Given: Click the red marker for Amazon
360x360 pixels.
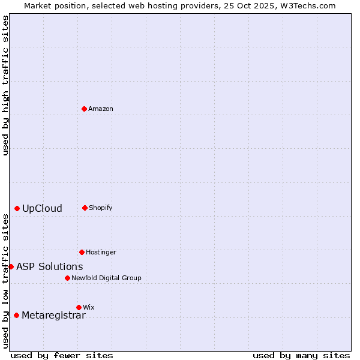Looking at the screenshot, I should (84, 109).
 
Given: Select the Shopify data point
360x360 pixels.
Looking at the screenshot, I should (85, 208).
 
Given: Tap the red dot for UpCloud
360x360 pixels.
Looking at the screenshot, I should (17, 208).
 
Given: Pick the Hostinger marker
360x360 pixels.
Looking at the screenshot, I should (82, 252).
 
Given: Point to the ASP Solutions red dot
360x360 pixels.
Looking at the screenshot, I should (11, 266).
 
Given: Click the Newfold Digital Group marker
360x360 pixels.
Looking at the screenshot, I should (67, 278).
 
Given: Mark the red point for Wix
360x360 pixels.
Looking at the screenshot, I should (79, 307).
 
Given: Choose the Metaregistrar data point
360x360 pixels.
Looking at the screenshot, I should (16, 315).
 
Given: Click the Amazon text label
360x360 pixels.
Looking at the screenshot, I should (101, 109).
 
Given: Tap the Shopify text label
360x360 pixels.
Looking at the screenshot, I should (101, 208).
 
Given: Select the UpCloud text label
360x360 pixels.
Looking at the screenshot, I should (42, 209).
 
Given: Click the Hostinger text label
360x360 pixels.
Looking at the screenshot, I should (101, 252).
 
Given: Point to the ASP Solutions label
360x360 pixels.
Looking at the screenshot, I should (50, 266).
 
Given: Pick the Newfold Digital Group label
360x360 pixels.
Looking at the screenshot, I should (106, 278).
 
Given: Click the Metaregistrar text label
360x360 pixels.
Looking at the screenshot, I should (53, 316).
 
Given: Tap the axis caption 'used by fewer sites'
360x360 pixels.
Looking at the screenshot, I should (62, 355).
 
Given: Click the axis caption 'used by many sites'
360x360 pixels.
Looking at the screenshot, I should (301, 355).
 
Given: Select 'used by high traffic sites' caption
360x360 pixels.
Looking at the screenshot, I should (5, 86).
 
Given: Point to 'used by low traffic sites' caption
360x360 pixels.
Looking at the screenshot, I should (5, 281).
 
